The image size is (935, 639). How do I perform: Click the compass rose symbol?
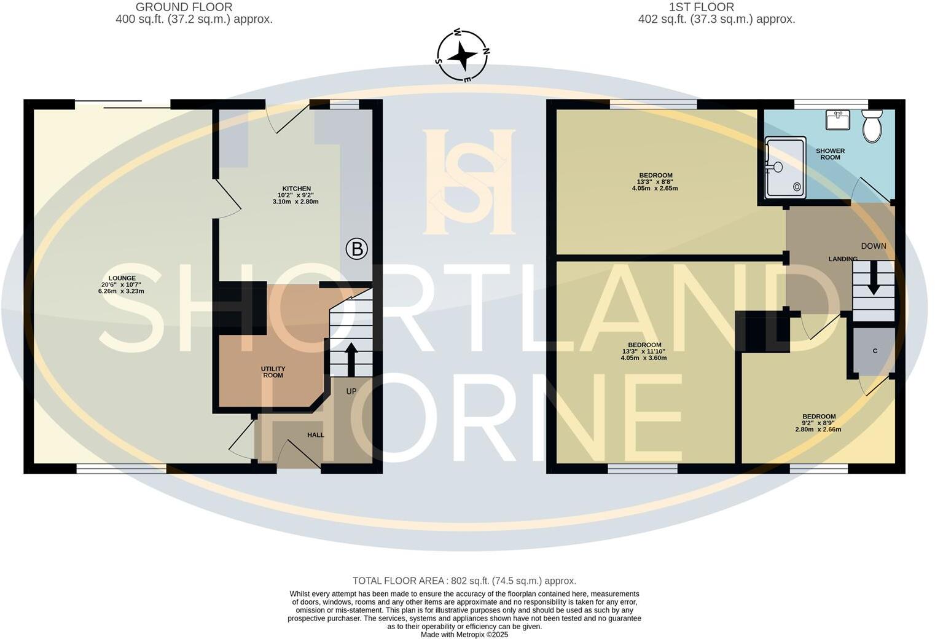[x=463, y=56]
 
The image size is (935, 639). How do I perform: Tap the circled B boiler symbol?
[x=356, y=249]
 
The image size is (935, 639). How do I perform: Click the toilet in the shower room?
[x=872, y=126]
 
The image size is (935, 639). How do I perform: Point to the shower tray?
[x=785, y=168]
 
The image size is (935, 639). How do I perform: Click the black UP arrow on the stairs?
[x=351, y=359]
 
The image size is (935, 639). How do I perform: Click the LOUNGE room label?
[x=122, y=278]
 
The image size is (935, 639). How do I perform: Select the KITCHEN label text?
[x=296, y=189]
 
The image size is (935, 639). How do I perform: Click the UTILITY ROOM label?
[x=273, y=372]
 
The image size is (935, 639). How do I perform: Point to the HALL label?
[x=316, y=435]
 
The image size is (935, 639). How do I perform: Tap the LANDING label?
[x=843, y=259]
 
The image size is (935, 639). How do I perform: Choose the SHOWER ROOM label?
[x=830, y=154]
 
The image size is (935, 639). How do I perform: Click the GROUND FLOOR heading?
[x=184, y=7]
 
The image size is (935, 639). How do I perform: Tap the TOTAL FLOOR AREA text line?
[x=464, y=581]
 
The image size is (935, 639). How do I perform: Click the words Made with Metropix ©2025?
[x=464, y=635]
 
